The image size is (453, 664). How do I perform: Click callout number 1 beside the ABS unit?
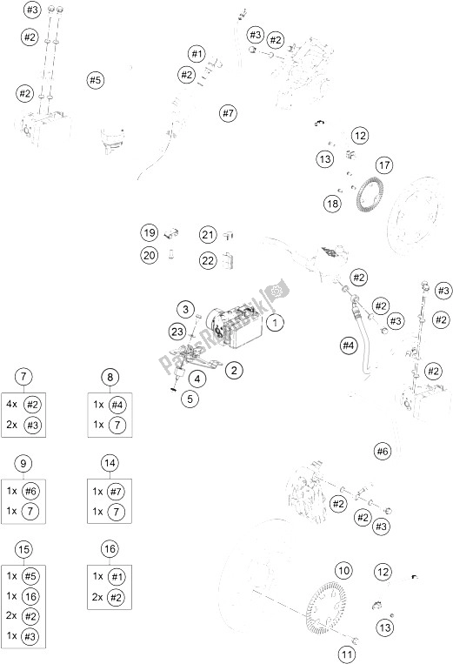point(275,323)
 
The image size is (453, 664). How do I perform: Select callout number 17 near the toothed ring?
point(384,165)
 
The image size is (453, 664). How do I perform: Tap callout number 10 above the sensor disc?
point(343,570)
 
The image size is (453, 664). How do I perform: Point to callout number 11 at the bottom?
point(346,655)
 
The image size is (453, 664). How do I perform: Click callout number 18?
point(332,204)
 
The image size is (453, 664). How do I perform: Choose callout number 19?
point(150,232)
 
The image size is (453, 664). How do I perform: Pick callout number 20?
point(150,255)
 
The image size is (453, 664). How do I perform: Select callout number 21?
point(208,235)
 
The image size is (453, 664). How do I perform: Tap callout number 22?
point(208,260)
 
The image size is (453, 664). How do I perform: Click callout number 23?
point(177,332)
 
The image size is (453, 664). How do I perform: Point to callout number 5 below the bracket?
point(190,399)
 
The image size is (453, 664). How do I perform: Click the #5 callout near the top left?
point(95,80)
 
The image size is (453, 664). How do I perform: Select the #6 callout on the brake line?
point(383,452)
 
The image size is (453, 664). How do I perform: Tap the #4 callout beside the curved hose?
point(348,345)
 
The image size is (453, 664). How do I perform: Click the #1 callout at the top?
point(197,54)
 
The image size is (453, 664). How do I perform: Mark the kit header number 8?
point(110,377)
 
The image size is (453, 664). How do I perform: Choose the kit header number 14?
point(110,463)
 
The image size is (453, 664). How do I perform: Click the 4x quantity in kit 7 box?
point(12,404)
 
